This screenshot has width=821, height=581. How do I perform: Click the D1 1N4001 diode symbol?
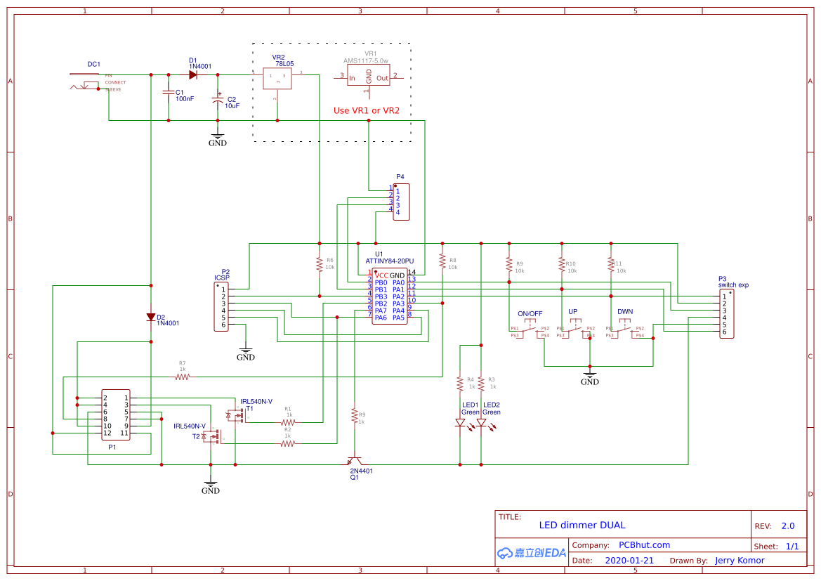click(192, 74)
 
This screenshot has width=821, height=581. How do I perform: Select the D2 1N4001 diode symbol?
click(150, 317)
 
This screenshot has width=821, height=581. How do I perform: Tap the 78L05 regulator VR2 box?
click(278, 79)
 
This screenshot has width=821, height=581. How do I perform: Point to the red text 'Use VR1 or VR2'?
click(366, 110)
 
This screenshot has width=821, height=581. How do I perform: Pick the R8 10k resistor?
click(442, 261)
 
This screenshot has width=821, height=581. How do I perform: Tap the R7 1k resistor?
click(183, 377)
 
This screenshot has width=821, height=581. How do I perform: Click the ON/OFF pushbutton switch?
click(530, 330)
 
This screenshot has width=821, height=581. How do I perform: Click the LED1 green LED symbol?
click(460, 423)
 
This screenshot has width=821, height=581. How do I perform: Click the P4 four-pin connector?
click(401, 202)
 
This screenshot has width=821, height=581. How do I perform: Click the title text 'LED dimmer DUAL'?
click(582, 525)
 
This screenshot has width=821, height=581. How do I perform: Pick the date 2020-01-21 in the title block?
click(629, 561)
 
